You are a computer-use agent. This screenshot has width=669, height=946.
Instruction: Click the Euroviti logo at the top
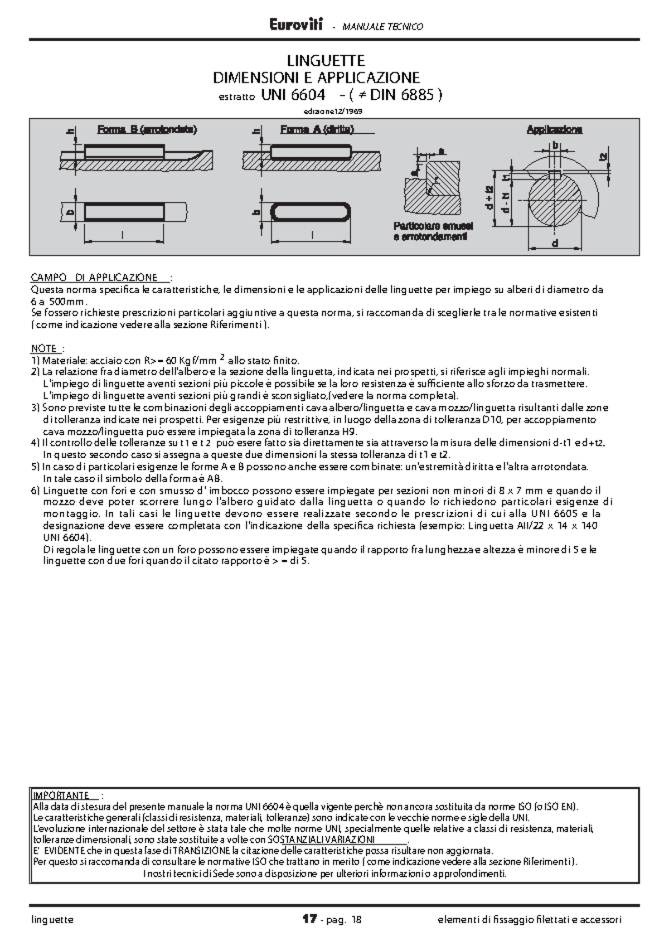pyautogui.click(x=296, y=25)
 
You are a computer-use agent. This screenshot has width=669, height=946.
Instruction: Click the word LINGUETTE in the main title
pyautogui.click(x=326, y=60)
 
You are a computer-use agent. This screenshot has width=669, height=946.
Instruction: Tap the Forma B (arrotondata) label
pyautogui.click(x=147, y=129)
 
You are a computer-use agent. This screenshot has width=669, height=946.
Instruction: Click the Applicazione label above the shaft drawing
pyautogui.click(x=554, y=129)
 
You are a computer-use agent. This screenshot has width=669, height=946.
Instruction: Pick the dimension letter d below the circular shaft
pyautogui.click(x=554, y=244)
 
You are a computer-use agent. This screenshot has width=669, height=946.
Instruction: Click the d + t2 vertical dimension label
pyautogui.click(x=489, y=198)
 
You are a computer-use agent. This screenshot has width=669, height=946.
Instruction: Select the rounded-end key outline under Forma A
pyautogui.click(x=312, y=212)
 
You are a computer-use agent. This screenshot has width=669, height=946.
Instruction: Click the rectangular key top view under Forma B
pyautogui.click(x=124, y=212)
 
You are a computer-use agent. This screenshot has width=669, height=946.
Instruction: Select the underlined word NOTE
pyautogui.click(x=45, y=349)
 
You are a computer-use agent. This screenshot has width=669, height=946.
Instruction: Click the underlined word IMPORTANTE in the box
pyautogui.click(x=61, y=795)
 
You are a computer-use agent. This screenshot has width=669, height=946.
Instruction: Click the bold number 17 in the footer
pyautogui.click(x=309, y=919)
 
